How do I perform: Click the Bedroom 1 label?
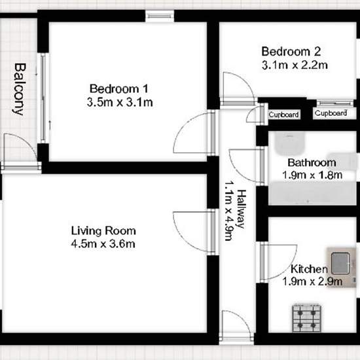click(118, 89)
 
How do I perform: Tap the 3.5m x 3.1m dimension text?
click(120, 102)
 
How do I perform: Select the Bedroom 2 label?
click(291, 52)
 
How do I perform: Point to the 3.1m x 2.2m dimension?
click(295, 65)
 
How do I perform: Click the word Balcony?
click(19, 89)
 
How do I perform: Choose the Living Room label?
click(103, 231)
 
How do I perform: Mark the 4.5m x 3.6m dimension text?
click(103, 244)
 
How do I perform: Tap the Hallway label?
click(242, 209)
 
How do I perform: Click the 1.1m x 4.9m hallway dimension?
click(229, 211)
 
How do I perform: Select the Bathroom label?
click(312, 163)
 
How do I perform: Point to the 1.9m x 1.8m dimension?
click(312, 175)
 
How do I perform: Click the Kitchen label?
click(309, 269)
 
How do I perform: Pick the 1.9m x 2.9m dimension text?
click(312, 281)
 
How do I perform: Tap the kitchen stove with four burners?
click(307, 318)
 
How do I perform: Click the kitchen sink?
click(341, 263)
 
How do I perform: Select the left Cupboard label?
click(284, 115)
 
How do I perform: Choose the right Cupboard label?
click(331, 113)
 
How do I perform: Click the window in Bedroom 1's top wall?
click(160, 16)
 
